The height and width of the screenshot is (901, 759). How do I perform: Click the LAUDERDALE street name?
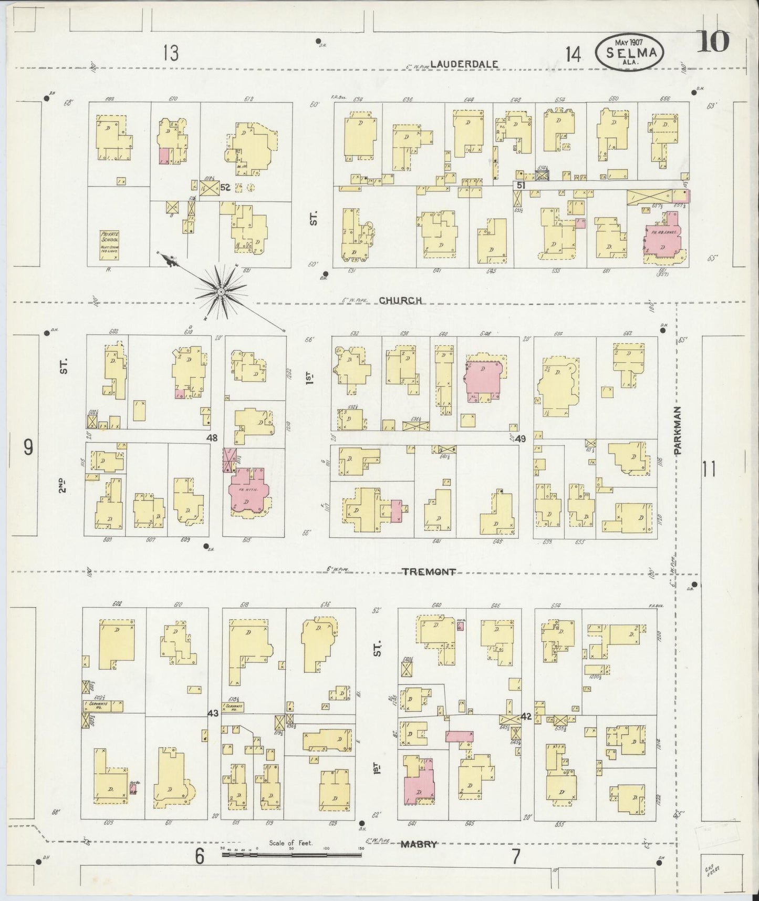(463, 64)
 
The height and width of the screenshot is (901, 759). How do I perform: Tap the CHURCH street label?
(401, 301)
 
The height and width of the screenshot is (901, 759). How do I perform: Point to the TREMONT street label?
(429, 572)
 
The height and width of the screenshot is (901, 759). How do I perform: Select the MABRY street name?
(419, 844)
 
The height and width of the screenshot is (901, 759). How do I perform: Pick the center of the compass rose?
(221, 290)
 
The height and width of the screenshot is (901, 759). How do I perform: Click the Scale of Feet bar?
(292, 854)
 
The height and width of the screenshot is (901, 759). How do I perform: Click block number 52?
(226, 187)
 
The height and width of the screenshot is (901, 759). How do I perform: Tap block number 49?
(520, 438)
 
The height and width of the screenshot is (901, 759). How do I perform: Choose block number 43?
(213, 713)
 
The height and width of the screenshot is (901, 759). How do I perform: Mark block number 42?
(526, 716)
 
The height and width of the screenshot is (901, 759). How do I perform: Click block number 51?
(521, 185)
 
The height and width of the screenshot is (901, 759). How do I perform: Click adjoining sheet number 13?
(171, 53)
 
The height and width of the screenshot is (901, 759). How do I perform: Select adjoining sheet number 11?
(709, 468)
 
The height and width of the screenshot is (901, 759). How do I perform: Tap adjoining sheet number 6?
(200, 857)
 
